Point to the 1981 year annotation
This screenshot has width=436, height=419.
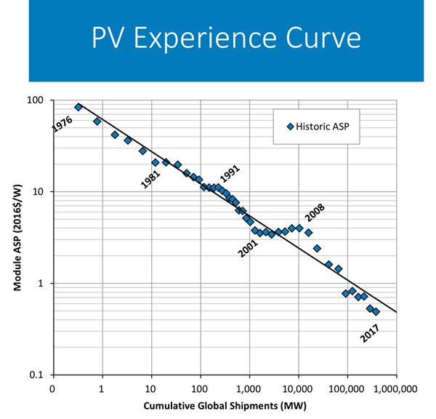pos(152,178)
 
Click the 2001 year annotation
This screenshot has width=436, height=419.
pos(249,248)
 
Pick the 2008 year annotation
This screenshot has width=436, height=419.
pos(314,215)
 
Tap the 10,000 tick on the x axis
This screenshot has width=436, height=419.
pos(297,389)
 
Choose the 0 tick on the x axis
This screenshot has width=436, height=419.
pos(52,389)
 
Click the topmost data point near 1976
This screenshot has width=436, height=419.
pos(78,107)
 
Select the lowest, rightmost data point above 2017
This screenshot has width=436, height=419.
pos(376,311)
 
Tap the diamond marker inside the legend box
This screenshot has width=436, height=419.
pos(290,127)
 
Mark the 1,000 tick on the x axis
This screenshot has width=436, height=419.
pos(250,389)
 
